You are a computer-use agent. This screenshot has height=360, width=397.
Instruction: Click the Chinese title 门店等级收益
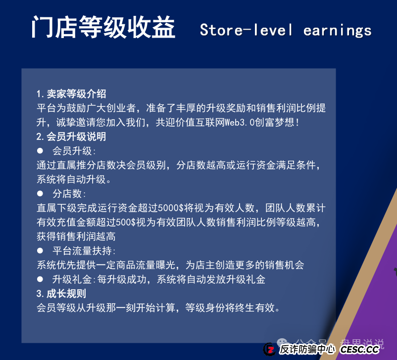coord(103,28)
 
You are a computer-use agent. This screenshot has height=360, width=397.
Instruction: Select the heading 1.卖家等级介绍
coord(71,94)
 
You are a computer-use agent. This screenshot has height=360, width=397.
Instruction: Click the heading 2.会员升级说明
coord(71,137)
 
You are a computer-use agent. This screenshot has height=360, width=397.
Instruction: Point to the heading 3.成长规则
coord(61,294)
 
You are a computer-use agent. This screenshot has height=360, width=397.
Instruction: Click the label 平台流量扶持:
coord(84,251)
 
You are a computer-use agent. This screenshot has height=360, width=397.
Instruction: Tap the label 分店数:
coord(69,194)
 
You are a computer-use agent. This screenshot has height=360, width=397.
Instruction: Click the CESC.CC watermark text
coord(359,350)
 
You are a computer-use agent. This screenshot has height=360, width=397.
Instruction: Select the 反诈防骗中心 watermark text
coord(307,350)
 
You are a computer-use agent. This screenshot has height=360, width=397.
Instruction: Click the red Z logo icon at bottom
coord(269,349)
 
